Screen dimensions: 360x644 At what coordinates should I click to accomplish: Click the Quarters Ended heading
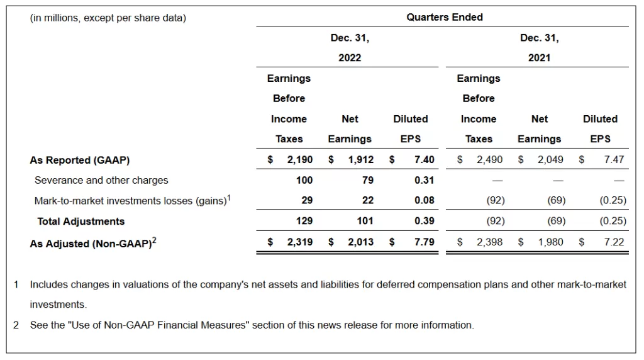tap(444, 18)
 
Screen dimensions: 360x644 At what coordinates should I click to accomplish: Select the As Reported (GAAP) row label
tap(80, 160)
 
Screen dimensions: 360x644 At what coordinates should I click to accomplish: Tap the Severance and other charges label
tap(101, 180)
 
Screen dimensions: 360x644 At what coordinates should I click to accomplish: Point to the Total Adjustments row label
tap(81, 221)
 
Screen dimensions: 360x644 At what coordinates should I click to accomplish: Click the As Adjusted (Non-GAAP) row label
tap(91, 243)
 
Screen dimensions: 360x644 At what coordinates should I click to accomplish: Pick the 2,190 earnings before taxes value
tap(299, 160)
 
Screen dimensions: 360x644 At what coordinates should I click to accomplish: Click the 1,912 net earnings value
tap(360, 160)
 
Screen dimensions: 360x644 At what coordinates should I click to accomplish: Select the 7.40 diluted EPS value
tap(424, 160)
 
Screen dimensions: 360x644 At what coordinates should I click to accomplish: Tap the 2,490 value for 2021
tap(489, 160)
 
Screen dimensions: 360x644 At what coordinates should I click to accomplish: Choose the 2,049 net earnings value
tap(550, 160)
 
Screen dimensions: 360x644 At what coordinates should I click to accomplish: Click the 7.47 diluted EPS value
tap(614, 160)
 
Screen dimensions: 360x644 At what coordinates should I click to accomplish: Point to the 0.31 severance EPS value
tap(424, 180)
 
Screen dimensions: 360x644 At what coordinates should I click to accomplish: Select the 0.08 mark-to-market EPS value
tap(424, 200)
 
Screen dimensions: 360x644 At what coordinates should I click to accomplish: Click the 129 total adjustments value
tap(304, 221)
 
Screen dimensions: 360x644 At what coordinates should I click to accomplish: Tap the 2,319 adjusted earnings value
tap(299, 242)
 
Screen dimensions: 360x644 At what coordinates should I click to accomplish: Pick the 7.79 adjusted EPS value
tap(424, 242)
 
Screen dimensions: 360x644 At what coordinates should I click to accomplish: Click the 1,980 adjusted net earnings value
tap(550, 242)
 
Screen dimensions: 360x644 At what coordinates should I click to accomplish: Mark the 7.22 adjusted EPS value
tap(614, 242)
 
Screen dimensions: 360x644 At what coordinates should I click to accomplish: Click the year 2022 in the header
tap(350, 58)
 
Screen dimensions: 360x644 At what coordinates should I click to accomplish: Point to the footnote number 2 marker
tap(16, 325)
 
